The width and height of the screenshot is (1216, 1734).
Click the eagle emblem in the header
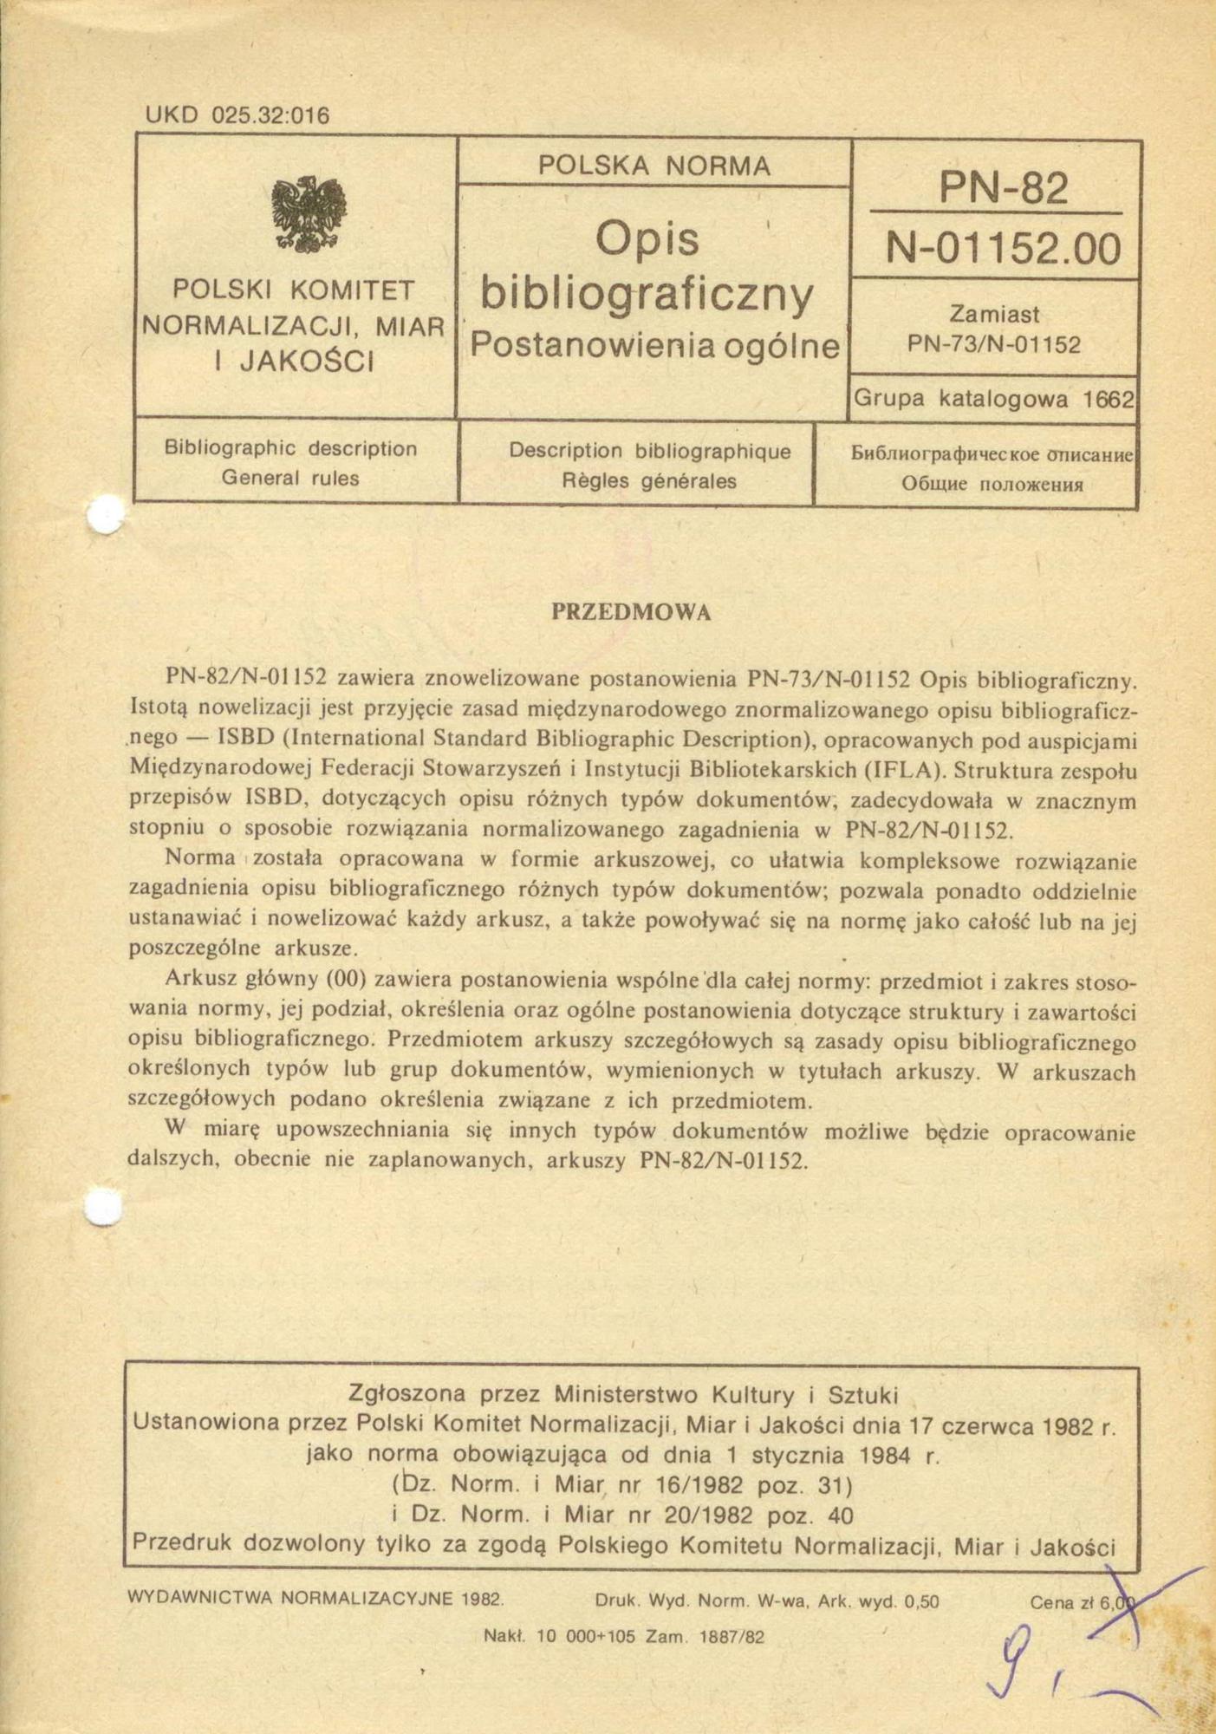coord(308,214)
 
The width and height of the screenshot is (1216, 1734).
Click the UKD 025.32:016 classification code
coord(237,115)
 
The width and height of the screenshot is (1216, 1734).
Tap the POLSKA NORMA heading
coord(654,166)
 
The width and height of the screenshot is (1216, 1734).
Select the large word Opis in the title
coord(647,239)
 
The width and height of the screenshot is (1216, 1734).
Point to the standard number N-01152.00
coord(1003,250)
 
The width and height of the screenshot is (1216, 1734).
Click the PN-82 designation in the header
coord(1004,188)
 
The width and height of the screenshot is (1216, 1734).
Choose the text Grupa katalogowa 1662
coord(993,399)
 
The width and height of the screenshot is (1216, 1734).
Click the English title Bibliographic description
coord(290,449)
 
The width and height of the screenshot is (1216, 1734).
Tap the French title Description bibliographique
coord(649,452)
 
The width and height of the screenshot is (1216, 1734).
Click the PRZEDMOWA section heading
coord(631,613)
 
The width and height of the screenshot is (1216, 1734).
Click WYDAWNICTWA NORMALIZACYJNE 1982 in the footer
coord(315,1599)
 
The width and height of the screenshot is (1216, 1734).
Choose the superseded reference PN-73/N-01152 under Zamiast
coord(994,345)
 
